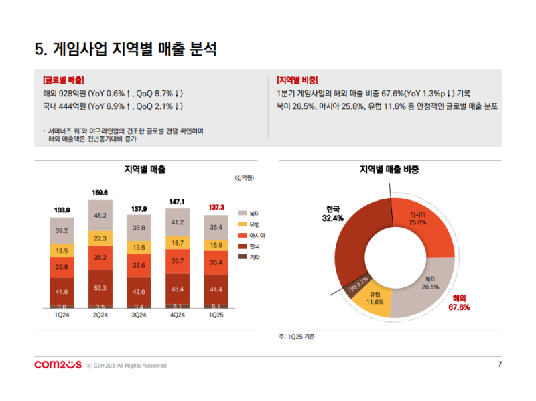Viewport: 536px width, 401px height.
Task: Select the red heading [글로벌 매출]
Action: (62, 80)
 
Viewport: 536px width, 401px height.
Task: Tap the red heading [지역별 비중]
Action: (297, 80)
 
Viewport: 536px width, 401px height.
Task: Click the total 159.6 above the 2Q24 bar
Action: (100, 193)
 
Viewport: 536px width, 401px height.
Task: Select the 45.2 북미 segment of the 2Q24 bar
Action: (100, 216)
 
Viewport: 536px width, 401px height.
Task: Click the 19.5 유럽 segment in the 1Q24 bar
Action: (62, 251)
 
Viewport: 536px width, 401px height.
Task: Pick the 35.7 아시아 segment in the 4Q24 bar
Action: (178, 261)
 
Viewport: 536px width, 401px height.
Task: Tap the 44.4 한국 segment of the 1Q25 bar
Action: (217, 289)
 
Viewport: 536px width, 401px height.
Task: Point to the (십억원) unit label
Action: (245, 177)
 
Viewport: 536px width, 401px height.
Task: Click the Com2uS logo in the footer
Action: (58, 365)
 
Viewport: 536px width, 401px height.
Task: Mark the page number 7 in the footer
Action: (500, 364)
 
